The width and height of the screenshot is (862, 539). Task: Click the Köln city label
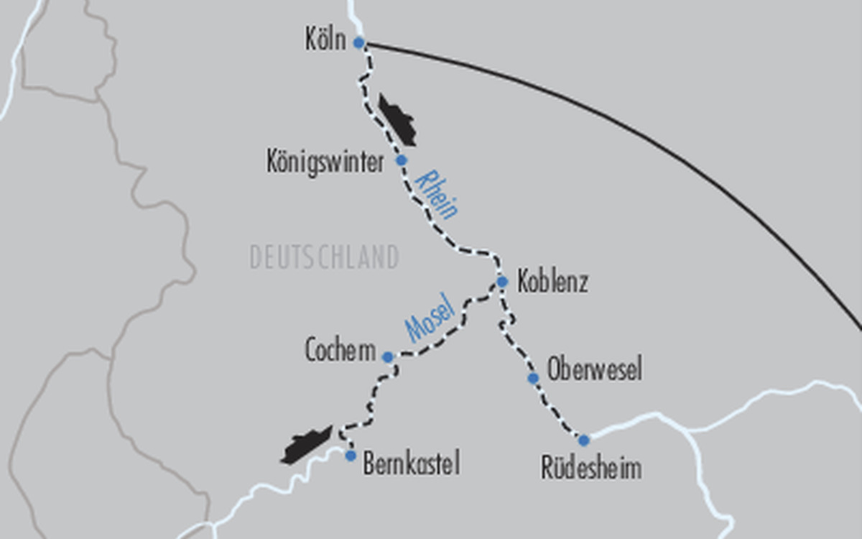[x=325, y=41]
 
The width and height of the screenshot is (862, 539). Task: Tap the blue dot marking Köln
[x=358, y=43]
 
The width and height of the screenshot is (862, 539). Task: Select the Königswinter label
[x=325, y=162]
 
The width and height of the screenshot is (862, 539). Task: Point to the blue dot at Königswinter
[x=402, y=160]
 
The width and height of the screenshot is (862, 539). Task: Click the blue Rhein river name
[x=437, y=193]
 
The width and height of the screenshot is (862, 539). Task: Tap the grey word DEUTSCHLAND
[x=324, y=257]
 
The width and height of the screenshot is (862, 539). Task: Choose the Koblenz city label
[x=552, y=282]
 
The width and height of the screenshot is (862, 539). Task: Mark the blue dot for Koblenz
[x=502, y=282]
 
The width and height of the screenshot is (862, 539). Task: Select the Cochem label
[x=340, y=351]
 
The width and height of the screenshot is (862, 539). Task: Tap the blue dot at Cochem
[x=387, y=357]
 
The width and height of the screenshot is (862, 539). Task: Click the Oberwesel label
[x=594, y=370]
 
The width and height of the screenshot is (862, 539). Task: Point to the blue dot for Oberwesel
[x=533, y=378]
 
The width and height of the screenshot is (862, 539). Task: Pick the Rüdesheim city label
[x=591, y=469]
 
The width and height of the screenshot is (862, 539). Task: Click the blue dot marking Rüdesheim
[x=583, y=440]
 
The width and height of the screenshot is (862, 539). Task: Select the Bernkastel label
[x=411, y=464]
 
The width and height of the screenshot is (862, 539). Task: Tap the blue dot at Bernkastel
[x=351, y=456]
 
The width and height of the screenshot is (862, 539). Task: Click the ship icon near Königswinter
[x=397, y=120]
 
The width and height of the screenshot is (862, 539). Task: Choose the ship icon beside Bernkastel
[x=307, y=446]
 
